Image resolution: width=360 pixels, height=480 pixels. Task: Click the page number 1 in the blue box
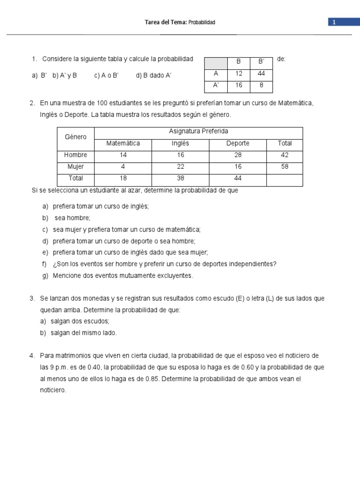coord(334,22)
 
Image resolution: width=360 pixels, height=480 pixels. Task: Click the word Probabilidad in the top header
coord(202,22)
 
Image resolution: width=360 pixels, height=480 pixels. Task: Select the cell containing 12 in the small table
coord(239,74)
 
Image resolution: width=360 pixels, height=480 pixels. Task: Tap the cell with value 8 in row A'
coord(261,86)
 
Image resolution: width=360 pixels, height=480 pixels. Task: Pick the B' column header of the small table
coord(261,62)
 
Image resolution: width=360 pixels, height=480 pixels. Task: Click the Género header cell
coord(75,137)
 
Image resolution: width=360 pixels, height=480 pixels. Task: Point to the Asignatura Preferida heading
coord(198,131)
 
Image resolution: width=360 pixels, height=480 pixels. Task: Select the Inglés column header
coord(180,143)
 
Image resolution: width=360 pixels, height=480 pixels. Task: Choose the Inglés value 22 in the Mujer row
coord(180,166)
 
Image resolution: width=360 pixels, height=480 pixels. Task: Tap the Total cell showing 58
coord(285,166)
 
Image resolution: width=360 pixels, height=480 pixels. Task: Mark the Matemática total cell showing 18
coord(123,178)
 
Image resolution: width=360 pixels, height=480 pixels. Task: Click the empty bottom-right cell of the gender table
coord(285,179)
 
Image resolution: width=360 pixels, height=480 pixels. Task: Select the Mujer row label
coord(75,166)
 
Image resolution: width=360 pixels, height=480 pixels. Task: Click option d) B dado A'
coord(154,75)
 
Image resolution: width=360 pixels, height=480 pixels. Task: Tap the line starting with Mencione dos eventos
coord(122,276)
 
